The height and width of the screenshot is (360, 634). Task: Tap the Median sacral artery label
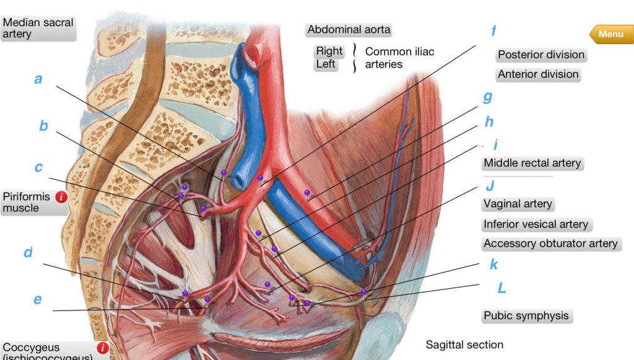(x=38, y=28)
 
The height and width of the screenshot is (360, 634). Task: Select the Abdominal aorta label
(x=349, y=30)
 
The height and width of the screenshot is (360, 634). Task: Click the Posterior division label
(x=541, y=55)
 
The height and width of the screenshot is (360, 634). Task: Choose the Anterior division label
(x=538, y=74)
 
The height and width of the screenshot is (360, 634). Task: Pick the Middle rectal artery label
(x=532, y=163)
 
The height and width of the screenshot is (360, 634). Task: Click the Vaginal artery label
(x=518, y=204)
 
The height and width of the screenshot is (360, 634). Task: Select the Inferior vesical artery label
(x=536, y=224)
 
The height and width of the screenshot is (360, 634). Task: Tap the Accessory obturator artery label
(x=550, y=244)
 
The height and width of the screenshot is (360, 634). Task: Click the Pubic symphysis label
(x=526, y=315)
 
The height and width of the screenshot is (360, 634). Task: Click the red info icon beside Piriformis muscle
(x=61, y=198)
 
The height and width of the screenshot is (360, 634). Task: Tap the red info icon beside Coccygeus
(x=103, y=348)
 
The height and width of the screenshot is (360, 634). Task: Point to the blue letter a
(x=38, y=79)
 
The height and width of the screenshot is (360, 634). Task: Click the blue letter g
(x=487, y=97)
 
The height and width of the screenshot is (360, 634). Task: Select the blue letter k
(x=493, y=265)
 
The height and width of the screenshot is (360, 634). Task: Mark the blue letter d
(x=28, y=253)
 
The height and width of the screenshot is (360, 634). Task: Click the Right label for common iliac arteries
(x=329, y=51)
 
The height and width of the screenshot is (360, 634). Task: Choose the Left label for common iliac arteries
(x=326, y=64)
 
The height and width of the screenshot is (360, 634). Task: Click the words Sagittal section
(x=464, y=345)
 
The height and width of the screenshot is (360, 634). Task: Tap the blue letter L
(x=502, y=288)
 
